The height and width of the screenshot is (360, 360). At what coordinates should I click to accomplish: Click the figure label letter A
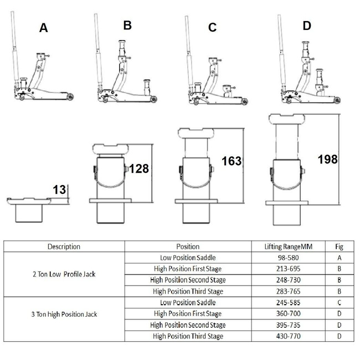44,28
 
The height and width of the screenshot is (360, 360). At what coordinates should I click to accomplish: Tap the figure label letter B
127,25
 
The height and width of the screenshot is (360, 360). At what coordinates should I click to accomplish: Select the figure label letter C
212,28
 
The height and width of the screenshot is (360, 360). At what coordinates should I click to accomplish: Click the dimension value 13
59,190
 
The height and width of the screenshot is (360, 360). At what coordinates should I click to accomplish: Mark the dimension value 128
138,169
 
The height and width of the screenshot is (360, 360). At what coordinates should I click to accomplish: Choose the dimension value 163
232,161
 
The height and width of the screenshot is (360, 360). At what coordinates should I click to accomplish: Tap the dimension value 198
327,159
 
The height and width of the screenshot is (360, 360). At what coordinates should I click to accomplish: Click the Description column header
64,246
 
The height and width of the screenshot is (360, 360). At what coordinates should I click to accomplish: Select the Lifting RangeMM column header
290,246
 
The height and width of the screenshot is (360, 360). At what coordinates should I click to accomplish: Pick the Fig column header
340,246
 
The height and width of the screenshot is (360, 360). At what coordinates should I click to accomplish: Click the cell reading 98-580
290,258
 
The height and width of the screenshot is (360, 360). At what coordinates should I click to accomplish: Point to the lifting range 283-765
290,291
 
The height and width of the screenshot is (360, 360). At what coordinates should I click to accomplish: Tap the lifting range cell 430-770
290,336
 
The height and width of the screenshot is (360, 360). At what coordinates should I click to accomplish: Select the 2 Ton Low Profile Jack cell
64,274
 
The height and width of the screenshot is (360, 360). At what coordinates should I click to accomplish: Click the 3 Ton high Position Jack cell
64,314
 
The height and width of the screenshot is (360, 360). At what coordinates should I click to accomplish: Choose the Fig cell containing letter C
340,302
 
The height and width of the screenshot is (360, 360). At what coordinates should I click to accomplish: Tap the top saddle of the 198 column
287,119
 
